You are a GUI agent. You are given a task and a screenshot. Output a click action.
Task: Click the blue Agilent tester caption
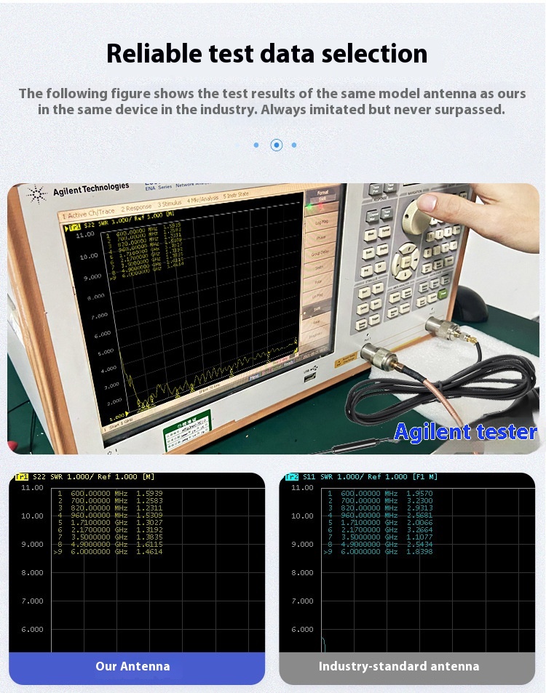pos(465,432)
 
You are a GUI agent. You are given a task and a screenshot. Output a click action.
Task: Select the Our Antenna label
pos(132,666)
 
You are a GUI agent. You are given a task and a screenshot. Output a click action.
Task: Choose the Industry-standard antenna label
pos(399,666)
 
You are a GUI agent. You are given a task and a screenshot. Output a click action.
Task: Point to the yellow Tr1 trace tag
pos(22,476)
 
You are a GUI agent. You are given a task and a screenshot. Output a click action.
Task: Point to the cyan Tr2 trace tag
pos(292,476)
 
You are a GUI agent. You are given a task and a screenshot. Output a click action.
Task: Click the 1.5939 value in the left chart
pos(149,494)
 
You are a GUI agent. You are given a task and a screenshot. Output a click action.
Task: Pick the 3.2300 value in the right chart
pos(419,501)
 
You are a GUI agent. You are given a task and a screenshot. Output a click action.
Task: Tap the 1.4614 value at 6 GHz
pos(149,552)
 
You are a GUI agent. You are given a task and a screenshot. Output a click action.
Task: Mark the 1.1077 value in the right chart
pos(419,537)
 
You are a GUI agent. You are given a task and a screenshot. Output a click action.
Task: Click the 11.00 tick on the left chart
pos(32,488)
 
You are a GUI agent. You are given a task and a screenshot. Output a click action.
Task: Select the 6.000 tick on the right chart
pos(303,630)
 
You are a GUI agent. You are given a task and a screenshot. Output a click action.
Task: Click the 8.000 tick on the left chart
pos(32,573)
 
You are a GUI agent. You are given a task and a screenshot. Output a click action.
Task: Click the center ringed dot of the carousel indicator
pos(277,145)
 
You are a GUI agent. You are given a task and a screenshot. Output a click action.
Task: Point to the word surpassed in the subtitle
pos(470,110)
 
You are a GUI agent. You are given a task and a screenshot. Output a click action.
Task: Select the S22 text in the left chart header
pos(39,476)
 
